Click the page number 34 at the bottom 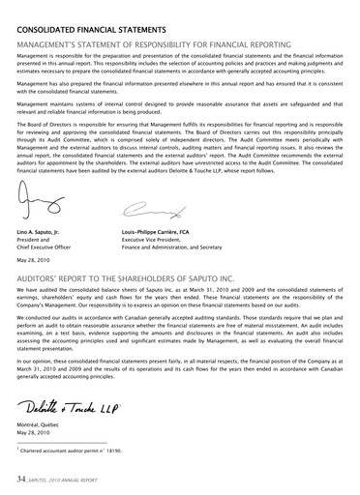[19, 479]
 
